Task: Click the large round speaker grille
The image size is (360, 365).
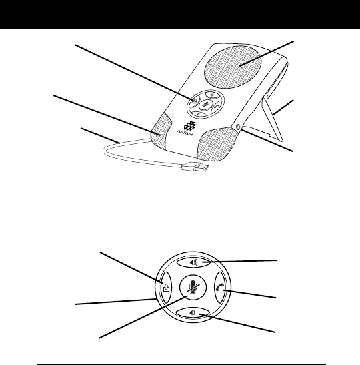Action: click(233, 67)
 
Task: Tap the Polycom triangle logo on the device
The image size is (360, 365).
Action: click(190, 126)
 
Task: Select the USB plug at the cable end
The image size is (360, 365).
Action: click(195, 167)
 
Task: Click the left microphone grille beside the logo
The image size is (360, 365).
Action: click(161, 131)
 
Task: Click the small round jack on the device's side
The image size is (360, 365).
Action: click(238, 127)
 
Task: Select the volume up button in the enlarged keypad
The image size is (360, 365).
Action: click(193, 263)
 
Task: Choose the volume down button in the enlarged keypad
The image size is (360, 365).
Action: click(192, 313)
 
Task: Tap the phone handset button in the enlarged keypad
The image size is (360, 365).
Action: click(220, 288)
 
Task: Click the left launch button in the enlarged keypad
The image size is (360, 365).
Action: click(167, 288)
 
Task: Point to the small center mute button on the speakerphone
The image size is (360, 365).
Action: click(205, 104)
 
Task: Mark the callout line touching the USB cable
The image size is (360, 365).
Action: click(100, 135)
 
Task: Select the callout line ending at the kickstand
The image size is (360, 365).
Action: click(283, 107)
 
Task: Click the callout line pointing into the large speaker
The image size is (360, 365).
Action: click(266, 53)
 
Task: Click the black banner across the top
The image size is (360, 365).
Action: click(180, 14)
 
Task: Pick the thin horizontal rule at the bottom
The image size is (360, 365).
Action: click(181, 364)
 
